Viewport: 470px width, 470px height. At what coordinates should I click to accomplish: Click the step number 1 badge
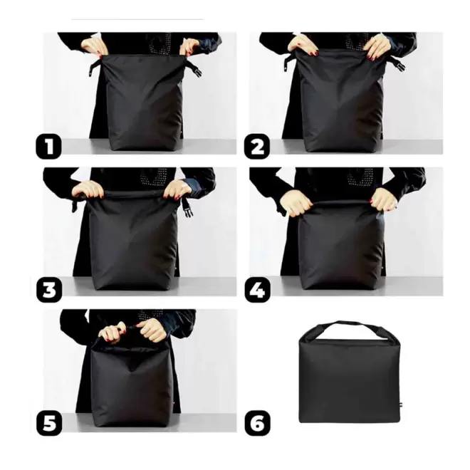(x=49, y=147)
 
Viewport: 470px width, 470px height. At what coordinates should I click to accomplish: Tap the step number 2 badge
(x=257, y=147)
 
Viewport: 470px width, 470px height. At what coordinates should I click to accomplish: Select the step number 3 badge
(x=49, y=291)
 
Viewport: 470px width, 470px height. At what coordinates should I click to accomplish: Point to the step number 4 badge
(x=257, y=291)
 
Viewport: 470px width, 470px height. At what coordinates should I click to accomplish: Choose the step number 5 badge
(x=49, y=423)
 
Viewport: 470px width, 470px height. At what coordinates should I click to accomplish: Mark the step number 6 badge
(x=257, y=423)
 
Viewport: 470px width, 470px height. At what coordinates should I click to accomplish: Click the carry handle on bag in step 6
(x=348, y=328)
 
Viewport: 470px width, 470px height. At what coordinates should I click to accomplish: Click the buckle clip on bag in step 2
(x=397, y=65)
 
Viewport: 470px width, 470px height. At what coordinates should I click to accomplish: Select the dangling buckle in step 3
(x=187, y=206)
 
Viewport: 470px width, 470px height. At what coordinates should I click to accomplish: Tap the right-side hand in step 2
(x=376, y=47)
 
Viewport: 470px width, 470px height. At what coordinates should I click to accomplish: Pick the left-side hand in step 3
(x=88, y=189)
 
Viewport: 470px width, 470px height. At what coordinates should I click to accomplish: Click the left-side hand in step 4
(x=296, y=202)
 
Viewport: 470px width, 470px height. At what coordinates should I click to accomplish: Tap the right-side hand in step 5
(x=152, y=330)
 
